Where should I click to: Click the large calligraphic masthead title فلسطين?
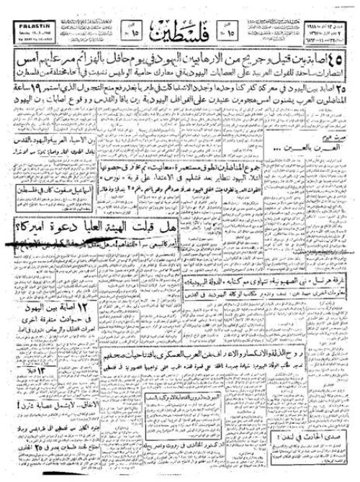(179, 28)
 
